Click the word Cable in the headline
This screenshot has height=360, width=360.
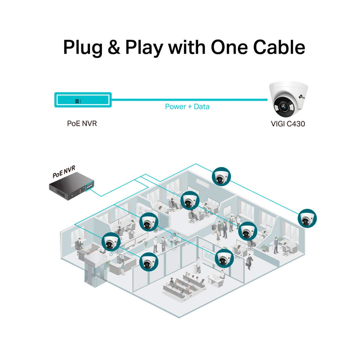(279, 47)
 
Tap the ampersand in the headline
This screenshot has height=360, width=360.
(114, 47)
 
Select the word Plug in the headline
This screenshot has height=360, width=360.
(83, 48)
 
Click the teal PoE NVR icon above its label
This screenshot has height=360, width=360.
(83, 100)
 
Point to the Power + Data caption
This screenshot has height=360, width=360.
(187, 107)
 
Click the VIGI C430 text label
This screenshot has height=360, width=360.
(288, 124)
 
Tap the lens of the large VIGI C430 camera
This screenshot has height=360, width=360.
(283, 107)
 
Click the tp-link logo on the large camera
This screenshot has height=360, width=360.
(302, 97)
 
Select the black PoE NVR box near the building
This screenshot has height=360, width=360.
(71, 186)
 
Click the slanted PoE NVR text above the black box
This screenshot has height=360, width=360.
(64, 172)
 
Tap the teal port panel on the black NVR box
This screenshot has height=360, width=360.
(90, 186)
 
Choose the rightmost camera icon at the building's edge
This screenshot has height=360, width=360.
(307, 218)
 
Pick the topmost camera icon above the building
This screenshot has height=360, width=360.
(221, 176)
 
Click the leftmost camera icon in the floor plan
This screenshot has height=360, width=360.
(111, 242)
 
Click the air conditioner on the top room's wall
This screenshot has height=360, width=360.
(203, 183)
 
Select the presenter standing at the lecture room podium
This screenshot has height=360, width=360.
(198, 265)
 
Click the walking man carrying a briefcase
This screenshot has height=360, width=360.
(250, 262)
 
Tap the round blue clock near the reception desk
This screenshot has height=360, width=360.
(111, 254)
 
